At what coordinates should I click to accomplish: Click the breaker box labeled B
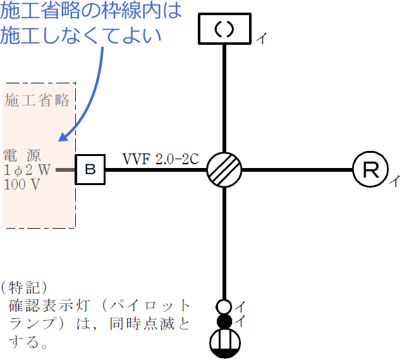tap(90, 169)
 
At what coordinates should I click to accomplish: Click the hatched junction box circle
tap(224, 170)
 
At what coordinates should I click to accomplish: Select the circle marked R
tap(369, 169)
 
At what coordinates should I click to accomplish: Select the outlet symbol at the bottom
tap(224, 345)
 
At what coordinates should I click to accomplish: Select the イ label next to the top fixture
tap(261, 39)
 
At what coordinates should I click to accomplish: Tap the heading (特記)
tap(23, 289)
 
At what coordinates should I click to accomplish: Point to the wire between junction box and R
tap(297, 170)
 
